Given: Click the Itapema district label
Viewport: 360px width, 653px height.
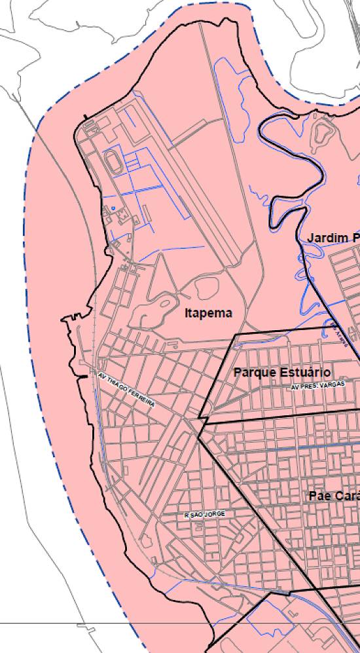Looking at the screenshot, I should [208, 313].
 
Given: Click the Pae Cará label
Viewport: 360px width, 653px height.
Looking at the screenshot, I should [334, 496].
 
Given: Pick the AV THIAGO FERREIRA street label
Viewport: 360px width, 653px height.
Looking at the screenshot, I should [126, 390].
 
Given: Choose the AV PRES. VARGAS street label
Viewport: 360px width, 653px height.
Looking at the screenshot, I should [317, 387].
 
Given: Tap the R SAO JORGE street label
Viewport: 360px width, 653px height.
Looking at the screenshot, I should [205, 515].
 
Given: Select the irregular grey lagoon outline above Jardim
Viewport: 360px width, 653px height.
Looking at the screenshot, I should [321, 133].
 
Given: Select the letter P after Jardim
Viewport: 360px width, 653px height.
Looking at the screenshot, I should [356, 237].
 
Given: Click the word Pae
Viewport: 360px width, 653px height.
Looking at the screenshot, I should [319, 496].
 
